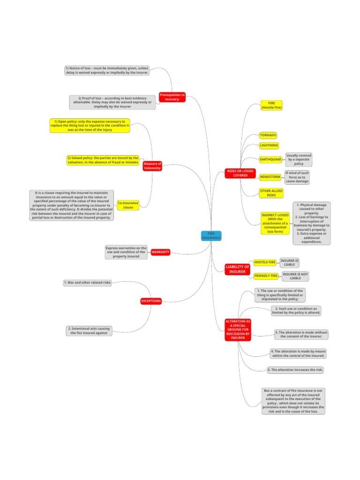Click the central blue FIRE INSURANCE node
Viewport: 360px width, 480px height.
click(x=211, y=236)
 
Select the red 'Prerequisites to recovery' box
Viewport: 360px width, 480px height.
click(x=172, y=97)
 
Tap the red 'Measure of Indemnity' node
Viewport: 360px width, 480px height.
click(x=152, y=166)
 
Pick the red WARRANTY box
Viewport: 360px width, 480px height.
click(x=160, y=252)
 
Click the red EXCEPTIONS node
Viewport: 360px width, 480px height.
click(x=151, y=301)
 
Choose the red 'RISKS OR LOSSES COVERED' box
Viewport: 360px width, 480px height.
click(x=240, y=173)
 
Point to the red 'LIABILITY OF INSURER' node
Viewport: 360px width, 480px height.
click(x=237, y=269)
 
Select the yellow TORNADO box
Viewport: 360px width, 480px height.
click(x=268, y=135)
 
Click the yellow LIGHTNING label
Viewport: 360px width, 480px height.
click(x=269, y=146)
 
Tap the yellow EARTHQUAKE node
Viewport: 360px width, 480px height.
click(x=271, y=159)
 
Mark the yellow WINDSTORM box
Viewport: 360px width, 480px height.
click(x=270, y=177)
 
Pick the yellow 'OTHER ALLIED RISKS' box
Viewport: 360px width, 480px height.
click(x=271, y=193)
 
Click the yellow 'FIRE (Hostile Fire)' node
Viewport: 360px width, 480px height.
click(x=271, y=105)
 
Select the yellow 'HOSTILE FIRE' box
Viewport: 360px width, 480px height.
click(x=265, y=262)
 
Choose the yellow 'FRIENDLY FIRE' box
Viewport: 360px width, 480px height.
click(x=266, y=276)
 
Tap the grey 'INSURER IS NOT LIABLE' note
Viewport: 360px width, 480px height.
click(x=295, y=276)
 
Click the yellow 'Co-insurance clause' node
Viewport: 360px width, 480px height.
click(x=128, y=205)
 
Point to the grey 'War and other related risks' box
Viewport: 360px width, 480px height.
click(x=87, y=283)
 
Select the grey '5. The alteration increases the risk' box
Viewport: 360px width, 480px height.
click(x=295, y=370)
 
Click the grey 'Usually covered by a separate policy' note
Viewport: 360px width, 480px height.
click(x=299, y=159)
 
